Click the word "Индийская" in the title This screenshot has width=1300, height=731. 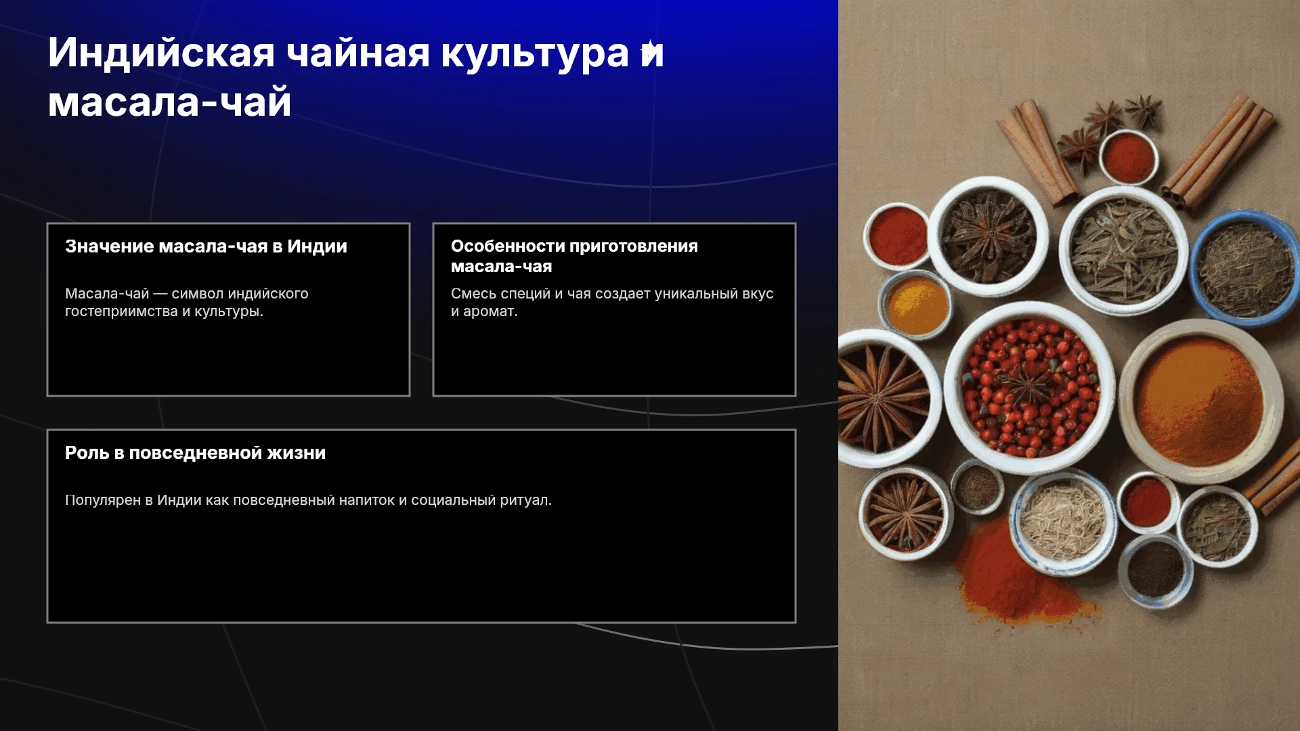point(161,53)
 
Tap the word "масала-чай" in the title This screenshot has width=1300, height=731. point(169,103)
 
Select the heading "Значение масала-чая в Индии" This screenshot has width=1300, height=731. point(206,246)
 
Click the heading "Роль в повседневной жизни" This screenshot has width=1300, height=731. point(195,453)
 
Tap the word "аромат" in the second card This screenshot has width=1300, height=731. point(490,311)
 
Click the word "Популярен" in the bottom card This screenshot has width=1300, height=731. point(103,500)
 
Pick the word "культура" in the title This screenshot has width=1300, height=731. point(535,53)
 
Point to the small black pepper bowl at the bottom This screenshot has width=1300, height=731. point(1155,571)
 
